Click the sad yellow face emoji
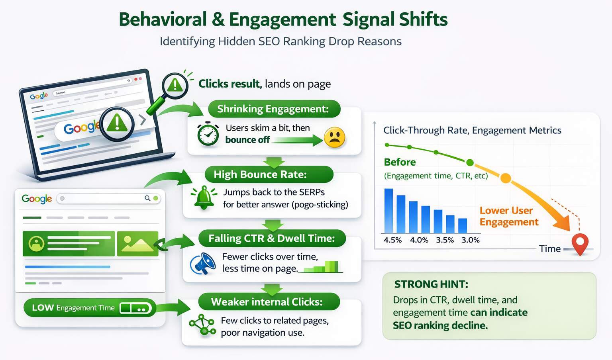point(335,138)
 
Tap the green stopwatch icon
point(208,134)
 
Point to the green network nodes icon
point(202,325)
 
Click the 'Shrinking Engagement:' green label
point(273,109)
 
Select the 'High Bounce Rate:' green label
point(260,174)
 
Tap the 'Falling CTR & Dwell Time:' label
point(272,238)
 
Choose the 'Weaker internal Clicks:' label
point(267,302)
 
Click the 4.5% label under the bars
point(392,240)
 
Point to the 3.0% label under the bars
point(470,240)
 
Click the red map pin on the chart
point(580,243)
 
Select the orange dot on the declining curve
point(505,178)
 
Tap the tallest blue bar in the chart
point(388,211)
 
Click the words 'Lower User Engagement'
point(509,216)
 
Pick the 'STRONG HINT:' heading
point(431,284)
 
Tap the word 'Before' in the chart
point(400,162)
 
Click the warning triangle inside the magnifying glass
point(175,85)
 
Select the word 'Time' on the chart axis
point(549,249)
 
